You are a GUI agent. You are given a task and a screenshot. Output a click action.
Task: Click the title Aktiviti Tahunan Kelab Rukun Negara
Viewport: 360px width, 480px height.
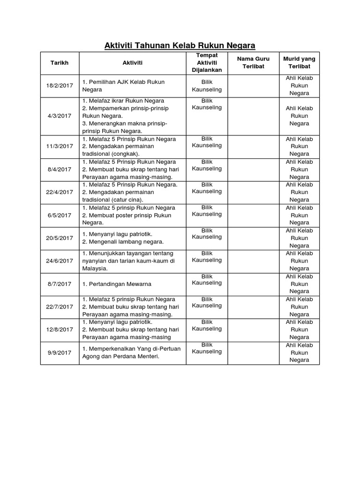tap(180, 45)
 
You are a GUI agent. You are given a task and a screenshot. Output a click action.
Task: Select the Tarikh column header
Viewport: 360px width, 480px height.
tap(60, 62)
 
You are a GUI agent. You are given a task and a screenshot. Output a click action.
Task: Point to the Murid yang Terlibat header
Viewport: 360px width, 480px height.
tap(299, 62)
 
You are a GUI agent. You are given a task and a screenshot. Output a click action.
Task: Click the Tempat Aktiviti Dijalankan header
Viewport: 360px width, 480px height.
tap(203, 62)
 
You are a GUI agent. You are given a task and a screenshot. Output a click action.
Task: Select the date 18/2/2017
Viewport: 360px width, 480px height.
tap(60, 85)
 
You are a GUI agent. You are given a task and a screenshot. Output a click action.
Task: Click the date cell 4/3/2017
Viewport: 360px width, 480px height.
tap(60, 116)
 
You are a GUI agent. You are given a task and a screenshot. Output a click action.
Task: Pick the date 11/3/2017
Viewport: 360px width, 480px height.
tap(60, 146)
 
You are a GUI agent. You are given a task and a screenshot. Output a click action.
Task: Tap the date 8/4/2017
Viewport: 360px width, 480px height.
tap(60, 169)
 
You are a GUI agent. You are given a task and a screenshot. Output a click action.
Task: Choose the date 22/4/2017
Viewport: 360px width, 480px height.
tap(60, 192)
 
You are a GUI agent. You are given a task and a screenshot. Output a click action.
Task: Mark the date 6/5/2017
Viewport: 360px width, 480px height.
tap(60, 215)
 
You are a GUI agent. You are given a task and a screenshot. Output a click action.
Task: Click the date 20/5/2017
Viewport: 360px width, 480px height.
tap(60, 238)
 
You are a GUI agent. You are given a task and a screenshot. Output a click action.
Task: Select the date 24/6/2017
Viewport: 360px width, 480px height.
tap(60, 261)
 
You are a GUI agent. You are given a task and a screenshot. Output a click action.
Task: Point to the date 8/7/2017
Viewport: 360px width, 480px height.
tap(60, 284)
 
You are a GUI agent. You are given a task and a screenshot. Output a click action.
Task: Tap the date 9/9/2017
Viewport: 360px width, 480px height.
tap(60, 352)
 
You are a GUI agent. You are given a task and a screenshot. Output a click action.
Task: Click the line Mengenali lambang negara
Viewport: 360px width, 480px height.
tap(123, 242)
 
